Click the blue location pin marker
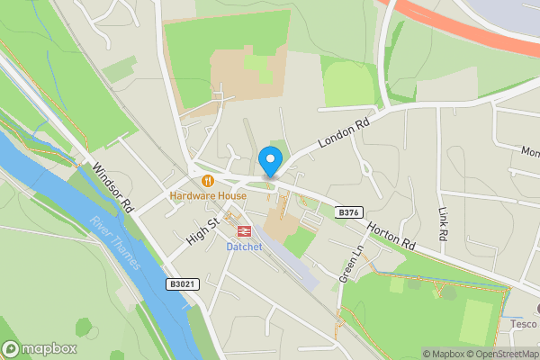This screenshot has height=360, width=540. click(269, 161)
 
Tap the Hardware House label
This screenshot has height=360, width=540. click(208, 195)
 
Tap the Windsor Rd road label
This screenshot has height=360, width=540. click(112, 186)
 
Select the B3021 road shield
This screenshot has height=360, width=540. click(182, 283)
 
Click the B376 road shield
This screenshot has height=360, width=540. click(348, 212)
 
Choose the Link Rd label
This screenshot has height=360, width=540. click(443, 224)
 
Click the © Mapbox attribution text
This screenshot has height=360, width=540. click(444, 354)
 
